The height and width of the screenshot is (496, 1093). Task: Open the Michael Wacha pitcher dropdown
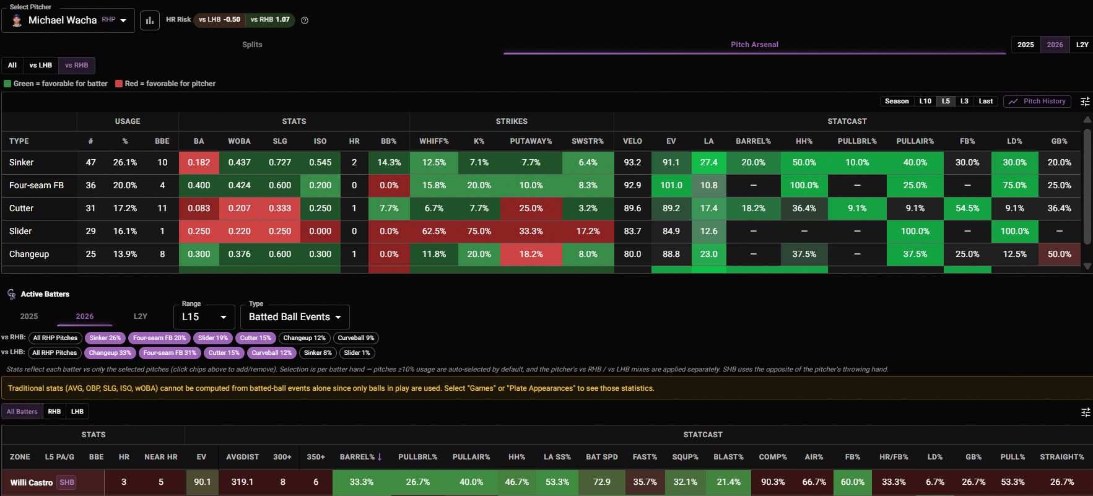pos(68,20)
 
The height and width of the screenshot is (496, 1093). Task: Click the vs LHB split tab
pos(41,65)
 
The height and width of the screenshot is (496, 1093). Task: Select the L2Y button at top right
pos(1082,45)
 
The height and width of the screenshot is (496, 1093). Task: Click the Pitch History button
pos(1037,102)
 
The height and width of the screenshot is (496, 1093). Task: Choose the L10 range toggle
pos(925,102)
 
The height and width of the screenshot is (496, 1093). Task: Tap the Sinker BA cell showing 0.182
pos(199,163)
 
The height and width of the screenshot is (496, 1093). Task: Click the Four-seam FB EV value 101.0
pos(671,185)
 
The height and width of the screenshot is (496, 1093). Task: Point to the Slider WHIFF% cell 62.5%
pos(434,231)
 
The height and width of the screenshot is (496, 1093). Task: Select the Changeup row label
pos(29,254)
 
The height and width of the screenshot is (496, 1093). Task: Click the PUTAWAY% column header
pos(531,141)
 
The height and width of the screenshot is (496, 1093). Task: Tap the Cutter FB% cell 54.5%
pos(967,209)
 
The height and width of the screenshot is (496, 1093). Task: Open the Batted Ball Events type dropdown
pos(295,317)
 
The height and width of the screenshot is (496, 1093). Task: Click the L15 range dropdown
pos(204,317)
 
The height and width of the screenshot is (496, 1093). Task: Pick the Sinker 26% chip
pos(105,338)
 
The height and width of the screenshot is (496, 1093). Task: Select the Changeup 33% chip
pos(110,353)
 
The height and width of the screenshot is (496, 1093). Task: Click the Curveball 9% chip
pos(356,338)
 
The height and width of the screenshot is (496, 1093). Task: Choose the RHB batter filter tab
pos(54,412)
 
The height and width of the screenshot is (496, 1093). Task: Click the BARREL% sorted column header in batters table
pos(361,457)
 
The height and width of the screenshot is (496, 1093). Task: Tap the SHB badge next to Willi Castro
pos(67,482)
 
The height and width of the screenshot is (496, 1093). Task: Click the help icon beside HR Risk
pos(305,20)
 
